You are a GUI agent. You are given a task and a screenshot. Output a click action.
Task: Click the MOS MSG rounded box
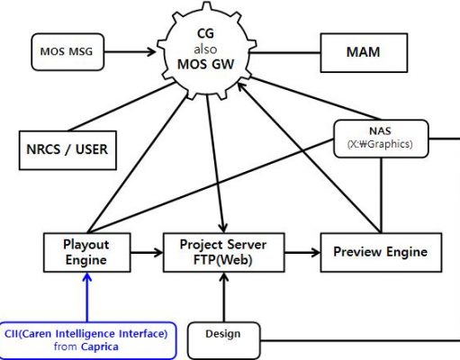pyautogui.click(x=68, y=52)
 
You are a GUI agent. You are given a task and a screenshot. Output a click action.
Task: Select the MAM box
pyautogui.click(x=364, y=53)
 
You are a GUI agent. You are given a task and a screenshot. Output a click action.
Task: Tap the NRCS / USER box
pyautogui.click(x=68, y=150)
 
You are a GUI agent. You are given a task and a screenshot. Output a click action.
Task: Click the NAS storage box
pyautogui.click(x=381, y=139)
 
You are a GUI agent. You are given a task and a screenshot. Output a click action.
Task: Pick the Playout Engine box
pyautogui.click(x=87, y=253)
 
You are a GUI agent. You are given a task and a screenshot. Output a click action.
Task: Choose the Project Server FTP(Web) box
pyautogui.click(x=223, y=253)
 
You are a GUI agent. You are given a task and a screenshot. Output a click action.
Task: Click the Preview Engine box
pyautogui.click(x=381, y=253)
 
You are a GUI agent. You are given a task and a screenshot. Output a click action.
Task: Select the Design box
pyautogui.click(x=224, y=340)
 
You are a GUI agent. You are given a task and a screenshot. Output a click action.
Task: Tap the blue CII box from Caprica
pyautogui.click(x=87, y=340)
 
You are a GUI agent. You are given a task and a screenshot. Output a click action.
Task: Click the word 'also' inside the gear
pyautogui.click(x=205, y=49)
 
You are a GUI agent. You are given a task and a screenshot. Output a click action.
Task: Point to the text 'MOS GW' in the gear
pyautogui.click(x=205, y=64)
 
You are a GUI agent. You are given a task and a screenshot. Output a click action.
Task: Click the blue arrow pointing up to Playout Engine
pyautogui.click(x=87, y=297)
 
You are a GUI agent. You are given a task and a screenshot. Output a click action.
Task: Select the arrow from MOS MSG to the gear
pyautogui.click(x=130, y=52)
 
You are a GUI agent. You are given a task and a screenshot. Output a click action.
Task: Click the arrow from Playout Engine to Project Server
pyautogui.click(x=147, y=252)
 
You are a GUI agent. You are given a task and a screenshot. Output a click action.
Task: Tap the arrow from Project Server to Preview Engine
pyautogui.click(x=302, y=252)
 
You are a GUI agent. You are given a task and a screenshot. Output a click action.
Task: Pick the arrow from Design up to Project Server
pyautogui.click(x=223, y=297)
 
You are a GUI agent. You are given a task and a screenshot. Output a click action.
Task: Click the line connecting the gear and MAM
pyautogui.click(x=285, y=53)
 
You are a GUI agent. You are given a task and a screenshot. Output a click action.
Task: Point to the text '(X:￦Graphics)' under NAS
pyautogui.click(x=380, y=144)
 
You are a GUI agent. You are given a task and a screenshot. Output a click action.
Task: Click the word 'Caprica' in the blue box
pyautogui.click(x=100, y=346)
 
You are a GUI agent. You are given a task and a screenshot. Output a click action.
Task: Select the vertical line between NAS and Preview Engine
pyautogui.click(x=381, y=195)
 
